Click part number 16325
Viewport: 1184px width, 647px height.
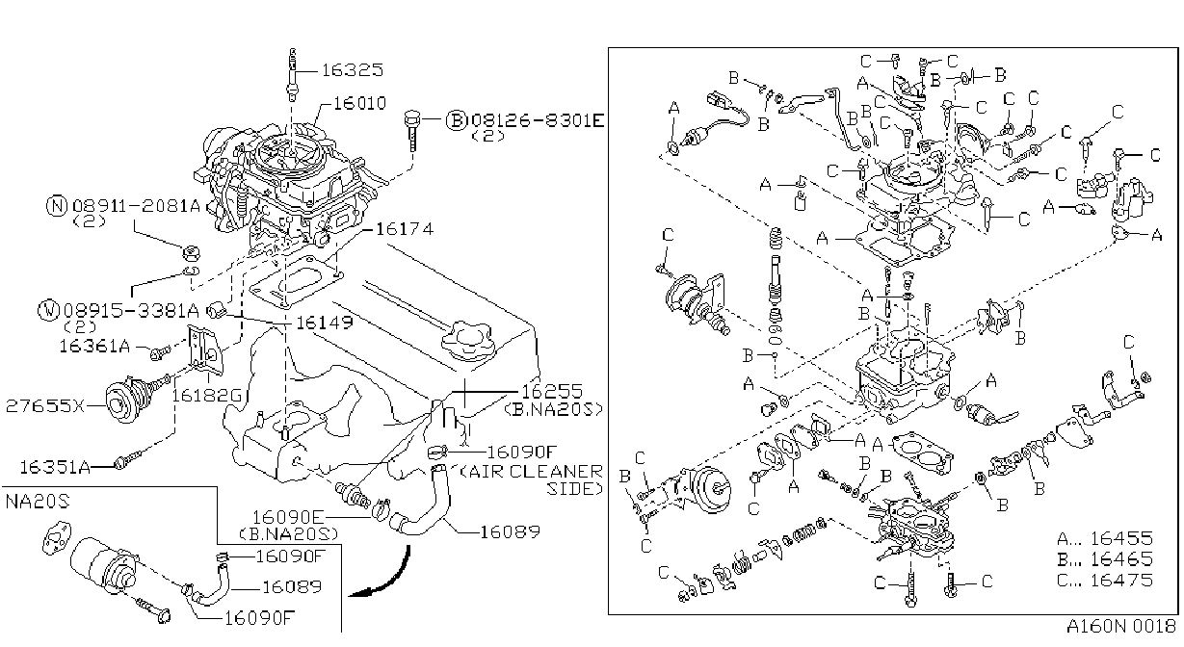[352, 69]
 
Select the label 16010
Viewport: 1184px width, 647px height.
[359, 102]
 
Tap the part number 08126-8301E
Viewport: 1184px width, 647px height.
[537, 120]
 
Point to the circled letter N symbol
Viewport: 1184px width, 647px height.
[57, 205]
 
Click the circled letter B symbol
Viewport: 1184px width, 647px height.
[456, 120]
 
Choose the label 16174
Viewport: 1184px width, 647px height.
[405, 229]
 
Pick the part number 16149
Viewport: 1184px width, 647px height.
[324, 322]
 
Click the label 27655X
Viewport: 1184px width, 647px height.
[45, 405]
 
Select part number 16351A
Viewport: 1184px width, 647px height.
[55, 467]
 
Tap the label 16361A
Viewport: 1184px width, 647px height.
[94, 346]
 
